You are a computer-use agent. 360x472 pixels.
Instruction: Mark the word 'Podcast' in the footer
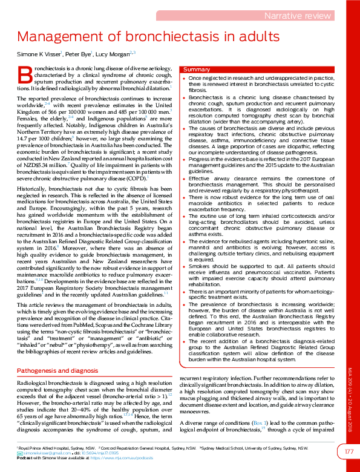[25, 457]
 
